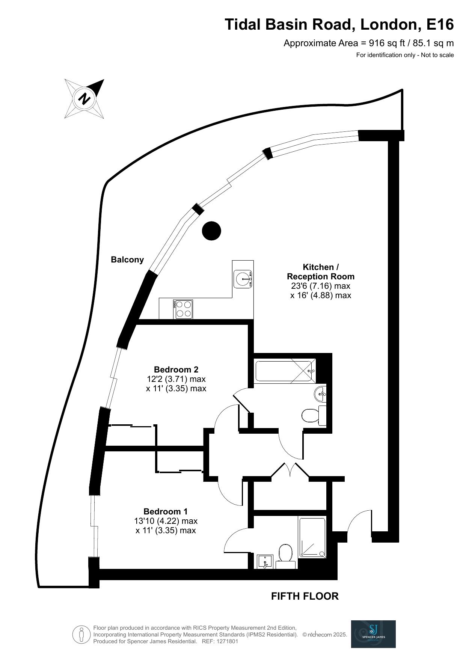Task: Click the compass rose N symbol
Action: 84,99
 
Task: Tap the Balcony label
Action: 127,259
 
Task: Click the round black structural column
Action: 211,231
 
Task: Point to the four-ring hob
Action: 183,309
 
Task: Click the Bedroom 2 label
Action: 176,369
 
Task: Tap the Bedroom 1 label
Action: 165,511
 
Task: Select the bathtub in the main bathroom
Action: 285,371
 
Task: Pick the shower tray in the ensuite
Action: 312,537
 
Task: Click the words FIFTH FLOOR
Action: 305,596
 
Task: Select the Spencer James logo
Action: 373,634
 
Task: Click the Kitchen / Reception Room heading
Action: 320,271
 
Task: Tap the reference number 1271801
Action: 225,641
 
